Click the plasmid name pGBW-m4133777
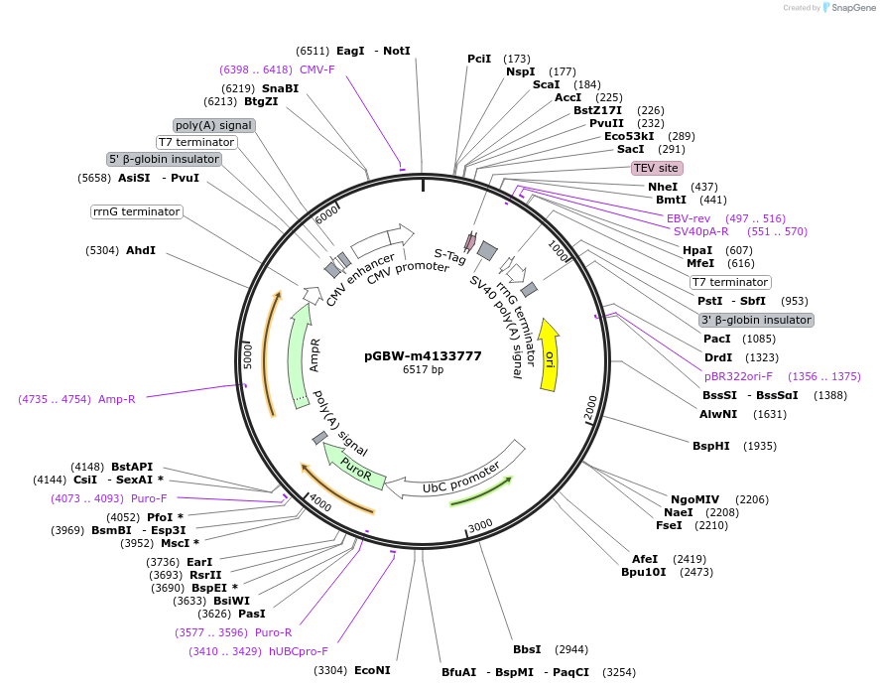(423, 355)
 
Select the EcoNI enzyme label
(372, 670)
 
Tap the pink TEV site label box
(657, 168)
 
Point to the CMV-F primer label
(316, 69)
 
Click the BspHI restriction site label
(710, 446)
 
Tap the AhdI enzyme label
(140, 250)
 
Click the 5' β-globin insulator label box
(164, 159)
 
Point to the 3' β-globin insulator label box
(756, 320)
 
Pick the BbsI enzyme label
(527, 649)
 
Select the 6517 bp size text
(423, 370)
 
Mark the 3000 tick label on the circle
(480, 524)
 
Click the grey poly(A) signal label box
(213, 125)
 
